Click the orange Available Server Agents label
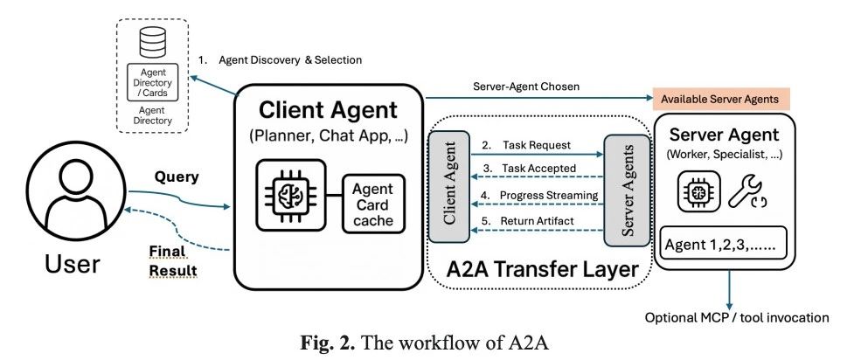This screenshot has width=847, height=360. click(x=719, y=99)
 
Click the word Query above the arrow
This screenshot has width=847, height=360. click(x=177, y=177)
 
